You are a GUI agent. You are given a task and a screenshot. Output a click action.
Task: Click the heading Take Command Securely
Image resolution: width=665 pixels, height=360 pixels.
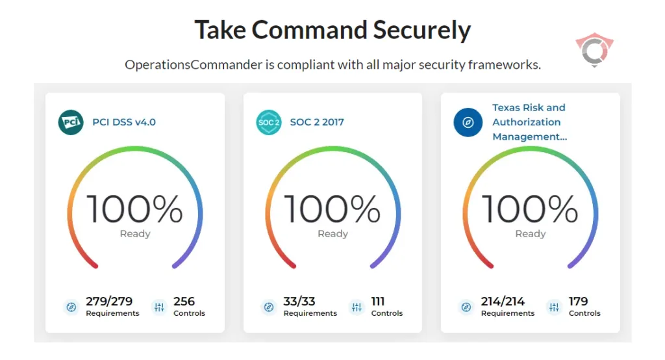click(332, 31)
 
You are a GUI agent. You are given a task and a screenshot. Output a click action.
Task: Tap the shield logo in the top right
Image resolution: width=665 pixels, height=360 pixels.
click(594, 51)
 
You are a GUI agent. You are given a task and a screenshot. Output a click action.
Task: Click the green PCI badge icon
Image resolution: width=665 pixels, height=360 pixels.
click(71, 122)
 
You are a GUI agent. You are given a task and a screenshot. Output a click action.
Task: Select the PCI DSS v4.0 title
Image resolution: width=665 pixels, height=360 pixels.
click(124, 122)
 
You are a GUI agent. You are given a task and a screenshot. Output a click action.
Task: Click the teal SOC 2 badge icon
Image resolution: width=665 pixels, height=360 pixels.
click(269, 122)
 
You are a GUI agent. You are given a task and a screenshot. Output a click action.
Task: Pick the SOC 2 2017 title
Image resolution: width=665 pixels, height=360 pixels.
click(317, 122)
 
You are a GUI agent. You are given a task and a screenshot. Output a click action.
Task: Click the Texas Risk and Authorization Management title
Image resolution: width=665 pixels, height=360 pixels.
click(529, 122)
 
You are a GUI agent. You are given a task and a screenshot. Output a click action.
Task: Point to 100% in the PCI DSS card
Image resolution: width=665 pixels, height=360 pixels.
click(135, 209)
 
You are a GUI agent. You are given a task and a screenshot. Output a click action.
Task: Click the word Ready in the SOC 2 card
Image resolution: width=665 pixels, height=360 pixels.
click(332, 234)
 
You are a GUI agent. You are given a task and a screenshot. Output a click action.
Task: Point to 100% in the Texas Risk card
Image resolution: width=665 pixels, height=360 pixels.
click(530, 209)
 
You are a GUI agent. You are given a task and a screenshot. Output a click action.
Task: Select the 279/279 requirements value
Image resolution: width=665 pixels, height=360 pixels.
click(109, 302)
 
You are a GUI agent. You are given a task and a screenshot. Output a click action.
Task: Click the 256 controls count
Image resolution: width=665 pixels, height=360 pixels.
click(184, 302)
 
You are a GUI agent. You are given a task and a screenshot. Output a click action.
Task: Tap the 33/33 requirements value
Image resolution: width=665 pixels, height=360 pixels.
click(299, 302)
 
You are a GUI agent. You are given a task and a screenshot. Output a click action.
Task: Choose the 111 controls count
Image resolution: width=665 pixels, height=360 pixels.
click(378, 302)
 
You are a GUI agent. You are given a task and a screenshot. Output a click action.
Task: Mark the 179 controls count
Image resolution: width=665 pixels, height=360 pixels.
click(578, 302)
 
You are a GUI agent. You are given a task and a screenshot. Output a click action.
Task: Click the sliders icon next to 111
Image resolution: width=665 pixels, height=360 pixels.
click(357, 307)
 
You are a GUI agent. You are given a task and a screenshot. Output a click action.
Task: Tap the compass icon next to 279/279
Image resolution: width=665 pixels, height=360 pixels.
click(71, 307)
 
